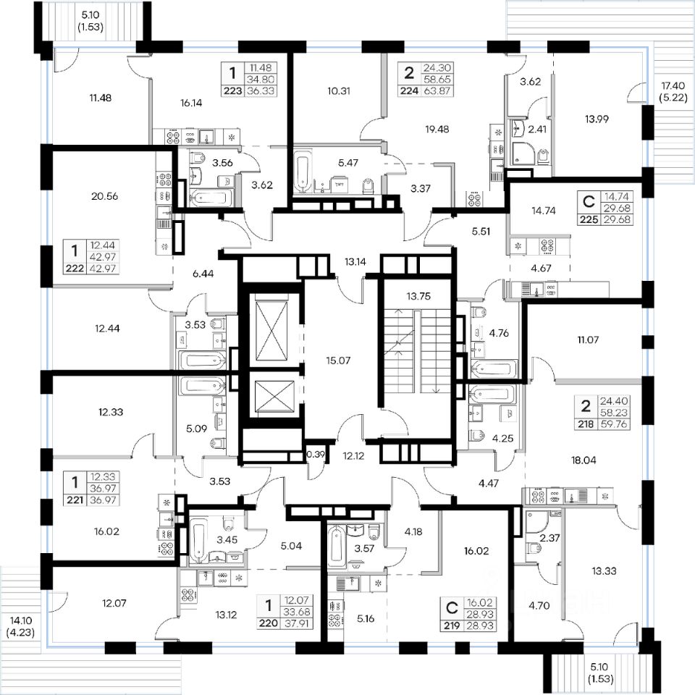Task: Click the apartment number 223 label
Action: [232, 91]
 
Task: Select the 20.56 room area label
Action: [104, 196]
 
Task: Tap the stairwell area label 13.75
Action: [418, 296]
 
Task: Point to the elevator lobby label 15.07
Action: [338, 361]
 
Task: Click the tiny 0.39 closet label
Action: [316, 454]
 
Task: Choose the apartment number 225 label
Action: [589, 219]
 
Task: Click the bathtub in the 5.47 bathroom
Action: [303, 172]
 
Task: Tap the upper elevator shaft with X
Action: [271, 330]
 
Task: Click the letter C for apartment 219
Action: [451, 608]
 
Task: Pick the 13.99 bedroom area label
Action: [597, 119]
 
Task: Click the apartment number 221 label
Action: [75, 500]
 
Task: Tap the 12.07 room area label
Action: [114, 603]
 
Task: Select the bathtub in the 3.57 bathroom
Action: [335, 547]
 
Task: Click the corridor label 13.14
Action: [355, 261]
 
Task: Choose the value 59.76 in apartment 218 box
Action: [614, 424]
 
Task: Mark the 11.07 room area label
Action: [588, 340]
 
